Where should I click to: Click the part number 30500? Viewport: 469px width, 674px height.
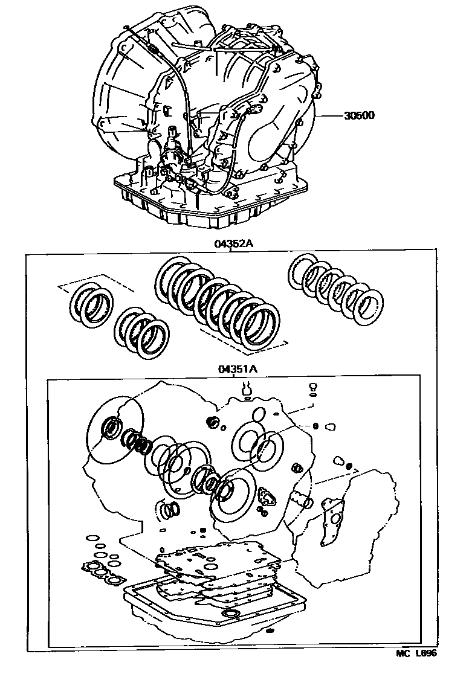tap(359, 115)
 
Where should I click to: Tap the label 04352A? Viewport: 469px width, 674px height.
tap(233, 244)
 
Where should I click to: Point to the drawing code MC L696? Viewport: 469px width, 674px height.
tap(416, 665)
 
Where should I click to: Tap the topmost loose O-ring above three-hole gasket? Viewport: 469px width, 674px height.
tap(92, 538)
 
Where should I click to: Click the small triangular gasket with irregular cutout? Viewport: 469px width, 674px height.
tap(268, 498)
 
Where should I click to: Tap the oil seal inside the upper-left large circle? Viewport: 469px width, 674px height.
tap(113, 427)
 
